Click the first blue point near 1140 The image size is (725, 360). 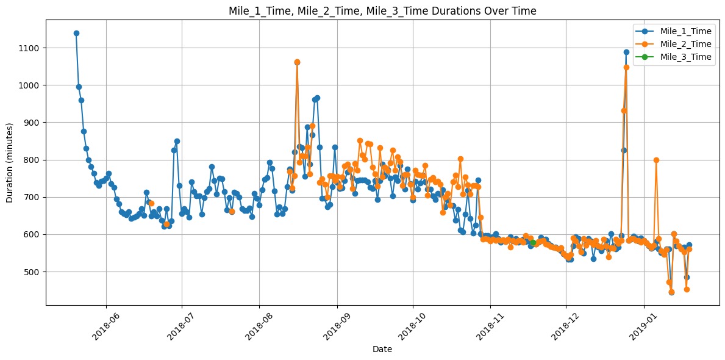pos(76,33)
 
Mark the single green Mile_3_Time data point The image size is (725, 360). pos(533,242)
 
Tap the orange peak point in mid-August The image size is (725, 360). pos(297,62)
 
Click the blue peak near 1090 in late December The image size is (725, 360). pos(626,52)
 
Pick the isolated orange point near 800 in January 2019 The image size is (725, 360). pos(656,160)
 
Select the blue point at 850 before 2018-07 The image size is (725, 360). pos(177,141)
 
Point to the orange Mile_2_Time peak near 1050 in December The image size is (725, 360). pos(626,67)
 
